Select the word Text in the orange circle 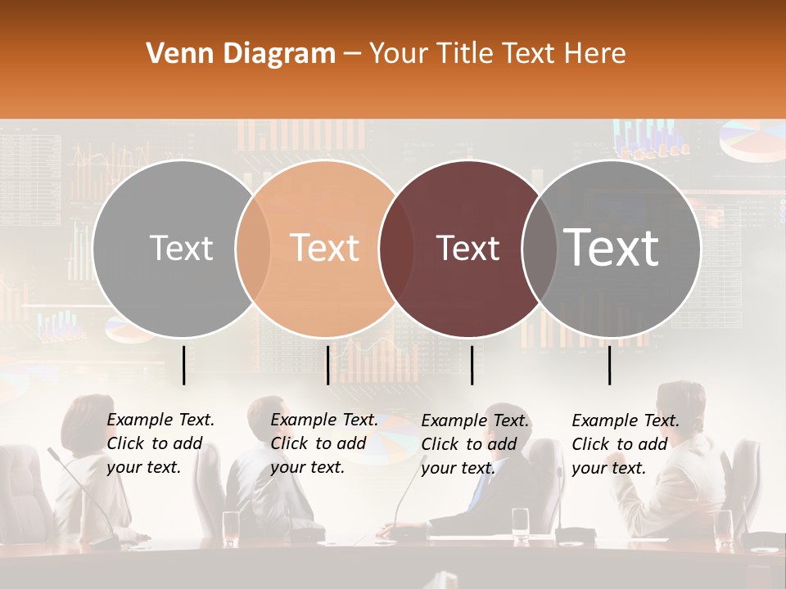(x=325, y=248)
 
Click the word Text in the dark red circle (x=468, y=249)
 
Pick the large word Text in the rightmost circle (x=612, y=248)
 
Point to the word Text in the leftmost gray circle (x=182, y=249)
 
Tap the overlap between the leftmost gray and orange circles (x=253, y=248)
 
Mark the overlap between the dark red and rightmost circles (x=540, y=248)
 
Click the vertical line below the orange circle (x=327, y=365)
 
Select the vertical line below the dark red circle (x=472, y=365)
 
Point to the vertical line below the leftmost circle (x=183, y=365)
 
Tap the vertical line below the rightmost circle (x=610, y=365)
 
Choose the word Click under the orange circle (x=289, y=443)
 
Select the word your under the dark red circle (x=438, y=469)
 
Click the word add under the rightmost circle (x=652, y=444)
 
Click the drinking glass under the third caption (x=520, y=524)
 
